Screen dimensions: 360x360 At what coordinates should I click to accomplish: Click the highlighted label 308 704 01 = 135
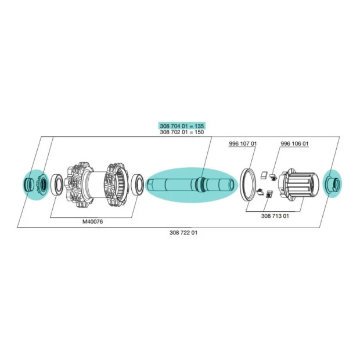pos(182,126)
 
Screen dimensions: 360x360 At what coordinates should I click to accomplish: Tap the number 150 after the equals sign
pos(199,132)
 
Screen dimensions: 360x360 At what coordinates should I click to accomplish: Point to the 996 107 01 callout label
pos(243,144)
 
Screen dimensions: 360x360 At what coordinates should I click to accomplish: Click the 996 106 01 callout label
pos(294,144)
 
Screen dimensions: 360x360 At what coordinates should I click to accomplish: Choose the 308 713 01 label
pos(275,216)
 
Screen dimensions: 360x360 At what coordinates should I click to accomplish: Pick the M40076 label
pos(92,222)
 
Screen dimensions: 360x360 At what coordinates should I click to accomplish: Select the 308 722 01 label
pos(183,233)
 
